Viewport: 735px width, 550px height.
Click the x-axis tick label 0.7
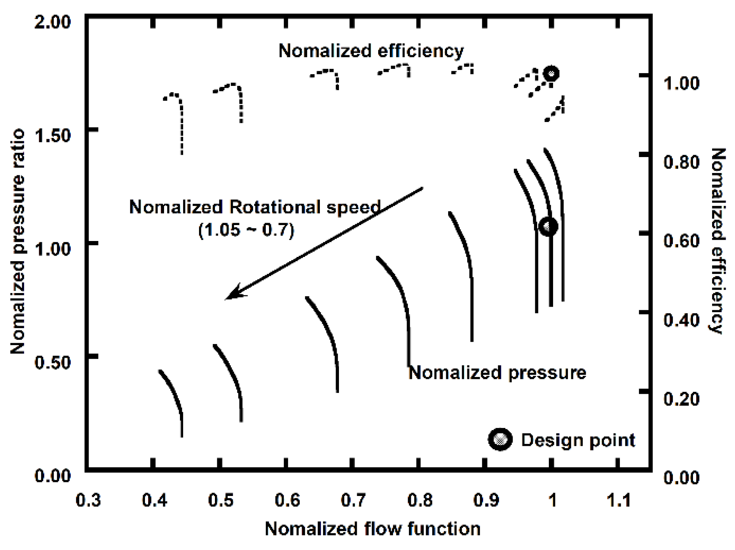[353, 500]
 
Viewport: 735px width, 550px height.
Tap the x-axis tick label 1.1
[618, 500]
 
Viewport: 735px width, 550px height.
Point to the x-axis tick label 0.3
[88, 500]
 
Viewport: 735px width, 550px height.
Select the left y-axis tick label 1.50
[53, 136]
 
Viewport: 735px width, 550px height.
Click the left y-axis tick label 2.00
[53, 22]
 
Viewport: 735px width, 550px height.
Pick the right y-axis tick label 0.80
[681, 162]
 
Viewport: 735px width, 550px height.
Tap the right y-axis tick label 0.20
[681, 399]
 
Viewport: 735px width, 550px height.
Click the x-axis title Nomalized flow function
[372, 529]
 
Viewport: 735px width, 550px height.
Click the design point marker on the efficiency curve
[551, 73]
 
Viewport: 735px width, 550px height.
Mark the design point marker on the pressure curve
[548, 226]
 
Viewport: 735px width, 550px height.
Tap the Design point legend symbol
[500, 439]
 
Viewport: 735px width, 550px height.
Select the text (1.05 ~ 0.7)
[246, 230]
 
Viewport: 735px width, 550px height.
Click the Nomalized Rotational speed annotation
[255, 207]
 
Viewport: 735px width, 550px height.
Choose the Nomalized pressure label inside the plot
[497, 372]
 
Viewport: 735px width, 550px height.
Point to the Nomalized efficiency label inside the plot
[371, 51]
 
